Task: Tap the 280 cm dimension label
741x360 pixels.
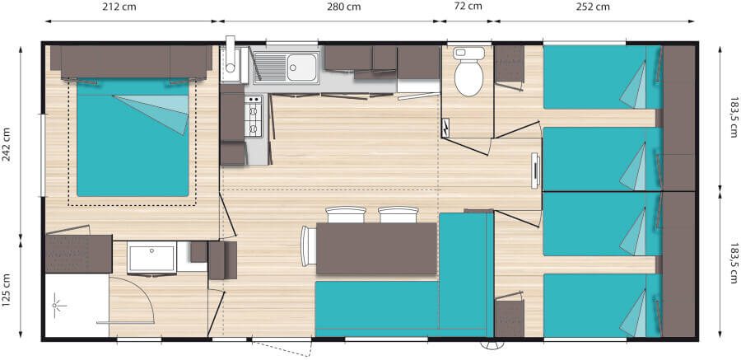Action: pos(343,7)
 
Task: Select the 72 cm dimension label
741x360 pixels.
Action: pos(468,6)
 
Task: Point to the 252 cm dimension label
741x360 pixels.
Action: pos(593,7)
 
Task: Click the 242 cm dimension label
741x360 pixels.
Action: pos(7,144)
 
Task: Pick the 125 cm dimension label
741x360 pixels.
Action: pos(7,289)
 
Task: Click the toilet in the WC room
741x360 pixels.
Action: pos(468,71)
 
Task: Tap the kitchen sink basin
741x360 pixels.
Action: pos(302,68)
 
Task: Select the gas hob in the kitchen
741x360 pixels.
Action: pos(254,116)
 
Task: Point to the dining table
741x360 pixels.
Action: pos(376,248)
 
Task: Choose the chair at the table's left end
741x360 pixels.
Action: pos(309,246)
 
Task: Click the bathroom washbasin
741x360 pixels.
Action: pos(151,257)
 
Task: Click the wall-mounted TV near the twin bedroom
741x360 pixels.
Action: pos(535,171)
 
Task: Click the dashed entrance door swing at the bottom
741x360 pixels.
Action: pos(282,348)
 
